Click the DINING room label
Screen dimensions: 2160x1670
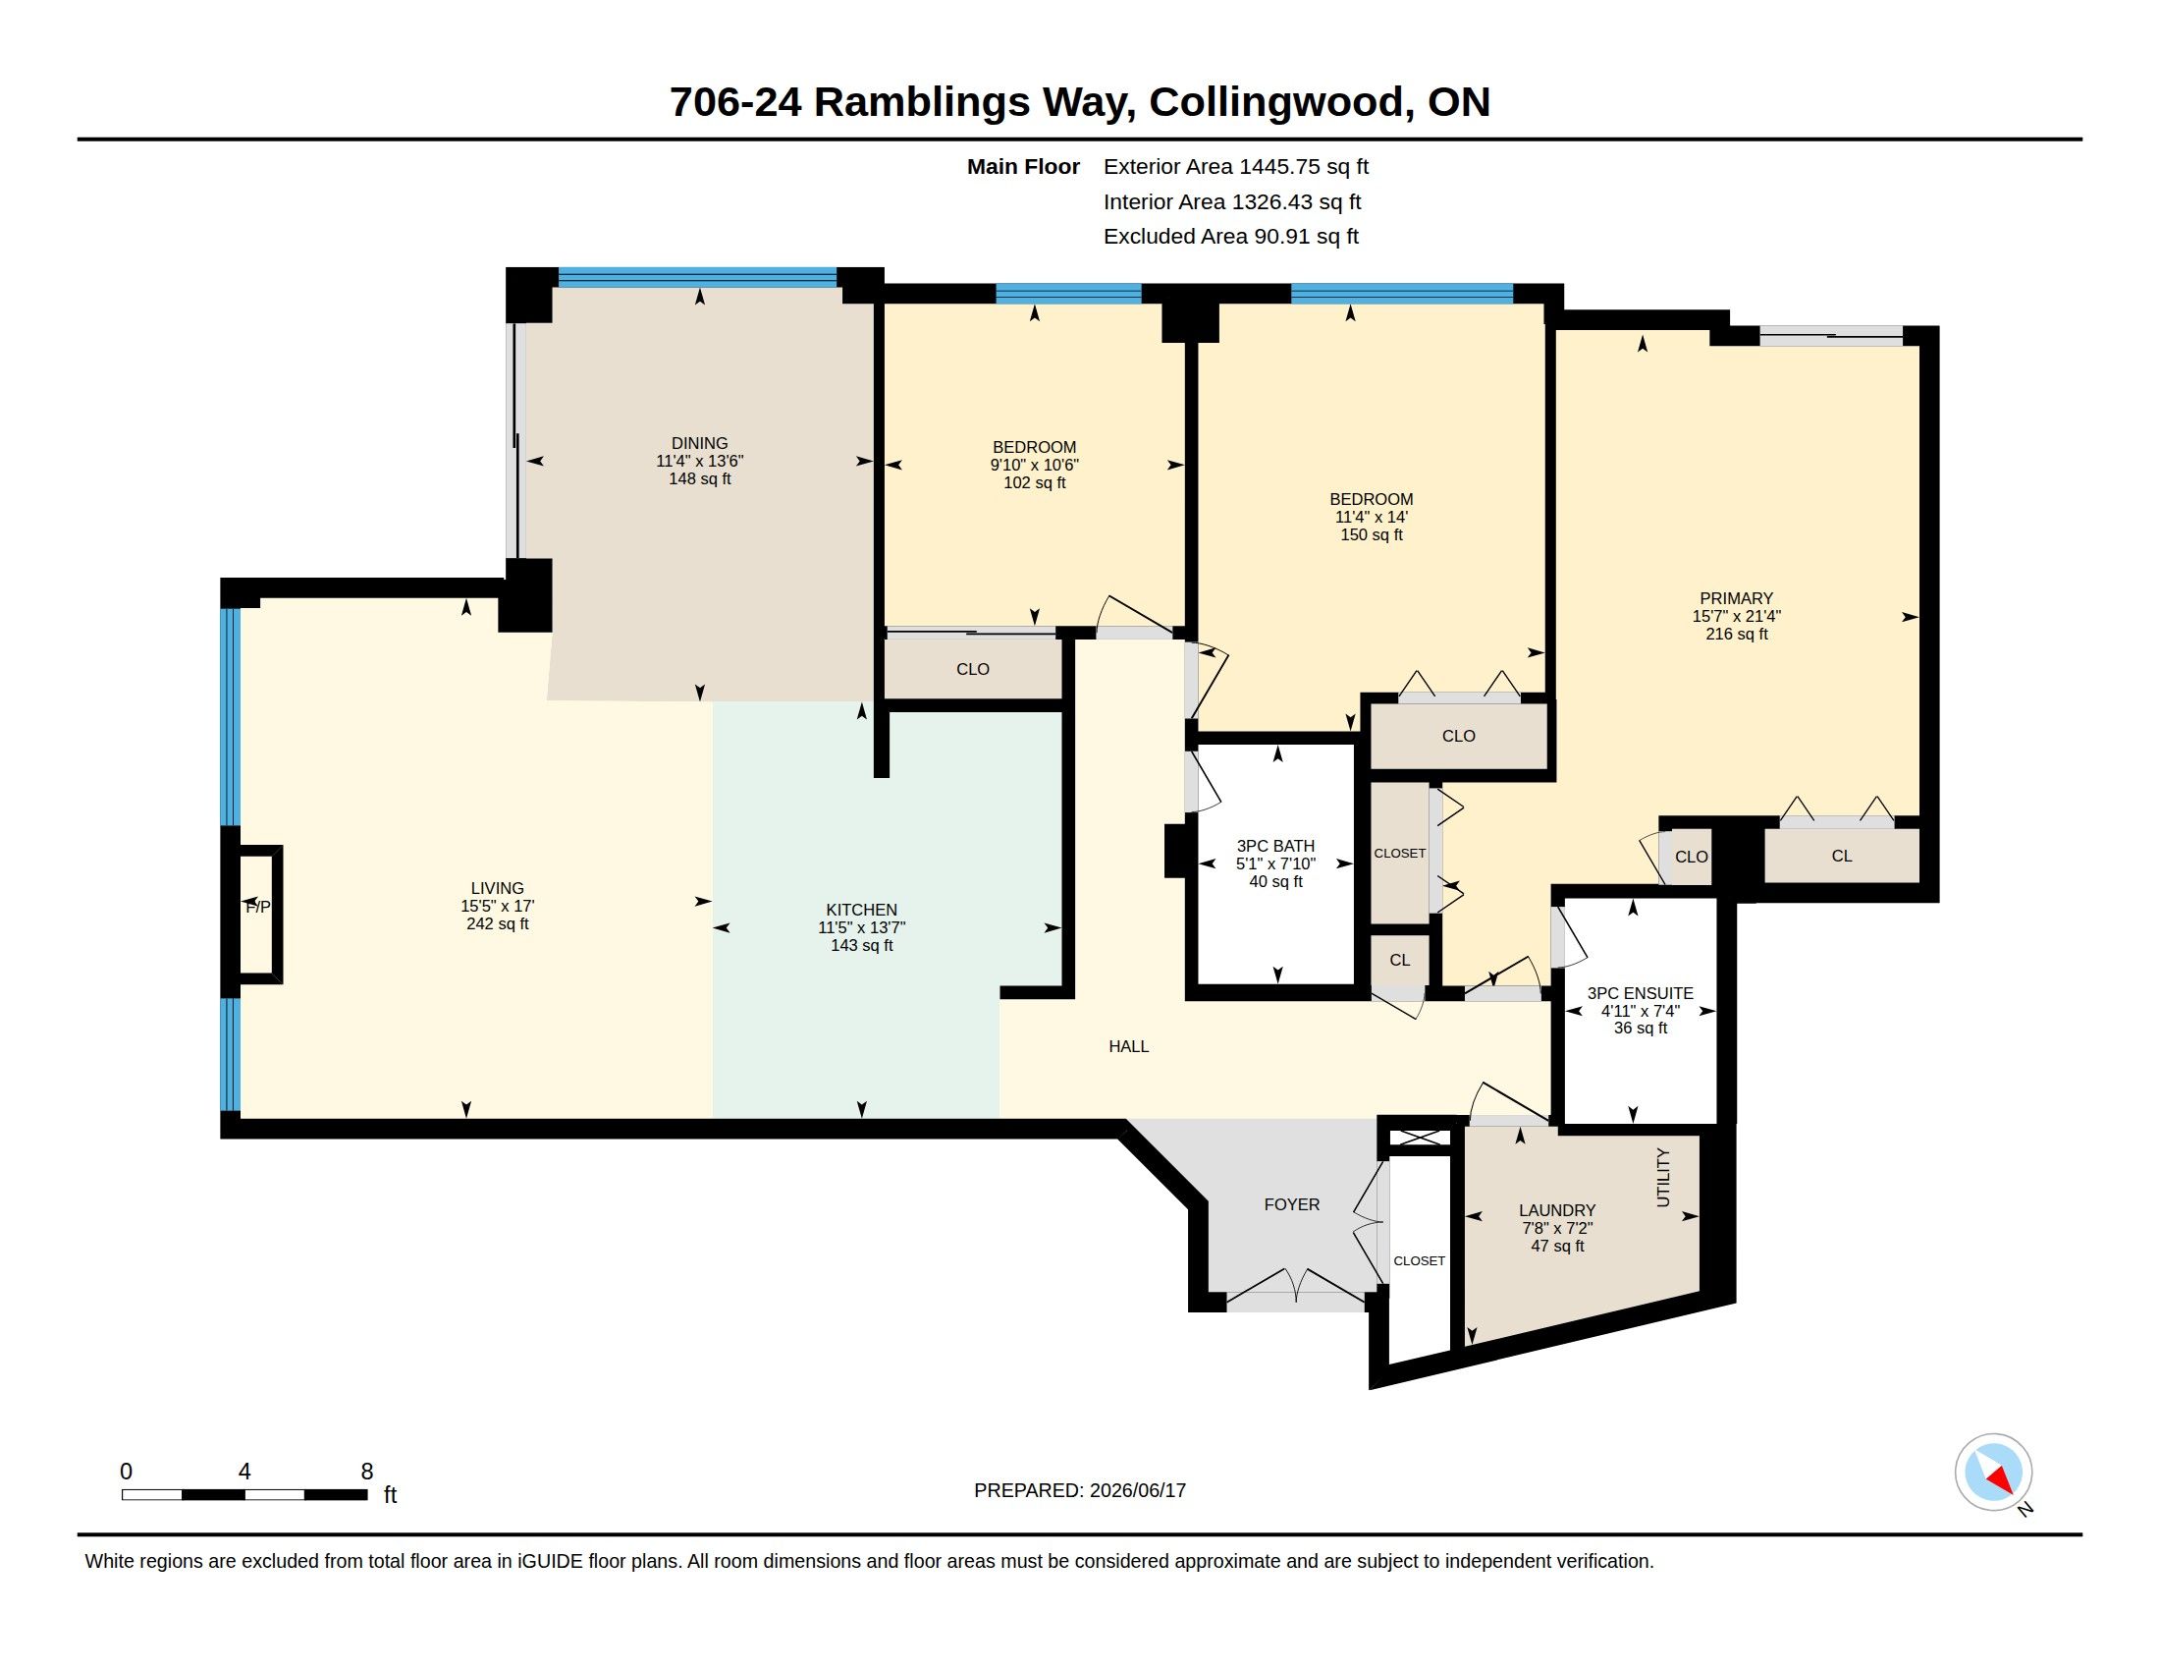699,443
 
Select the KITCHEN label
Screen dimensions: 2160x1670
861,911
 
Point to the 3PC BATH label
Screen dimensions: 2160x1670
1274,846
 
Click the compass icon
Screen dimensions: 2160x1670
1993,1473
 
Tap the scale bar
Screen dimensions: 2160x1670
244,1495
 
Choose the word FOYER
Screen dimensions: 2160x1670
1292,1204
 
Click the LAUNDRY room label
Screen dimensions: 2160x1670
1557,1210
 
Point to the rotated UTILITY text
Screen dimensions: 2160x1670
1662,1177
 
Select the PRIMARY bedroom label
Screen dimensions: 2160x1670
1736,598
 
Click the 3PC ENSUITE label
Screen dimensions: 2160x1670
1640,993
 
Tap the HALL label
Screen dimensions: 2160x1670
1128,1047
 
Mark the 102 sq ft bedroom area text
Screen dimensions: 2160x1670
1035,482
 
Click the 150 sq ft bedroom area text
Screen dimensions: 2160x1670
1371,535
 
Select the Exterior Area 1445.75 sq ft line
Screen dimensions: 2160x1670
1235,167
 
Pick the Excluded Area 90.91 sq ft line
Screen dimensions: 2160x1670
1230,237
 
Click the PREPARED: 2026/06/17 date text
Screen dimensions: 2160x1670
1079,1491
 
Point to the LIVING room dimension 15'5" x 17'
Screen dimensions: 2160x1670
497,907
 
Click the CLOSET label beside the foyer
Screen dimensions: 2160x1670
1419,1261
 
